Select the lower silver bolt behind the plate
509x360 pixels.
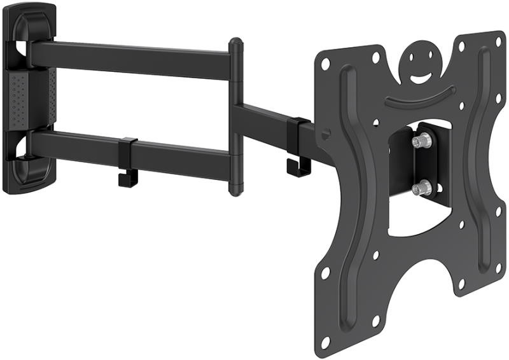click(x=421, y=187)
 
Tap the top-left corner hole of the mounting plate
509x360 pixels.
click(x=326, y=64)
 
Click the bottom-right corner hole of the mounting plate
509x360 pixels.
click(x=491, y=261)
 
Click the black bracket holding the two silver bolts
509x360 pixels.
click(x=407, y=164)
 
